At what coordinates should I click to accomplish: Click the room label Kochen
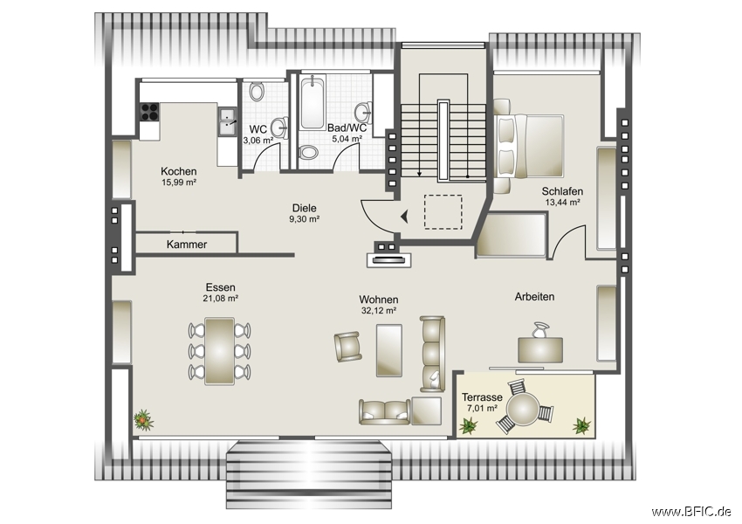pyautogui.click(x=178, y=171)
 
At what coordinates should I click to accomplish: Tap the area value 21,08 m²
pyautogui.click(x=220, y=298)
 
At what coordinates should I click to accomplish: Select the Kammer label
pyautogui.click(x=187, y=245)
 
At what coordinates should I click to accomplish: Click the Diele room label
pyautogui.click(x=304, y=209)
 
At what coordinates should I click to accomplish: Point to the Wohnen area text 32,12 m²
pyautogui.click(x=379, y=310)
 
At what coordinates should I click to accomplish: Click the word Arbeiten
pyautogui.click(x=534, y=297)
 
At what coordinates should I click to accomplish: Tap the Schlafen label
pyautogui.click(x=562, y=191)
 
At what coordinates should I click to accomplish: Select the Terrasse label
pyautogui.click(x=481, y=396)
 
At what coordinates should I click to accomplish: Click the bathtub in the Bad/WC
pyautogui.click(x=311, y=105)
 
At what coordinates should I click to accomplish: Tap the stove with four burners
pyautogui.click(x=148, y=112)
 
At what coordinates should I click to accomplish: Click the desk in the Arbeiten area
pyautogui.click(x=540, y=349)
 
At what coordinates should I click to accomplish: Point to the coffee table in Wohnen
pyautogui.click(x=388, y=350)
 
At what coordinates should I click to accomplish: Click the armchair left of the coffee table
pyautogui.click(x=347, y=347)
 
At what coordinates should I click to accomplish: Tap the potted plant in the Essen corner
pyautogui.click(x=143, y=421)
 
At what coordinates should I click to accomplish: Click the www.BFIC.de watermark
pyautogui.click(x=691, y=511)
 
